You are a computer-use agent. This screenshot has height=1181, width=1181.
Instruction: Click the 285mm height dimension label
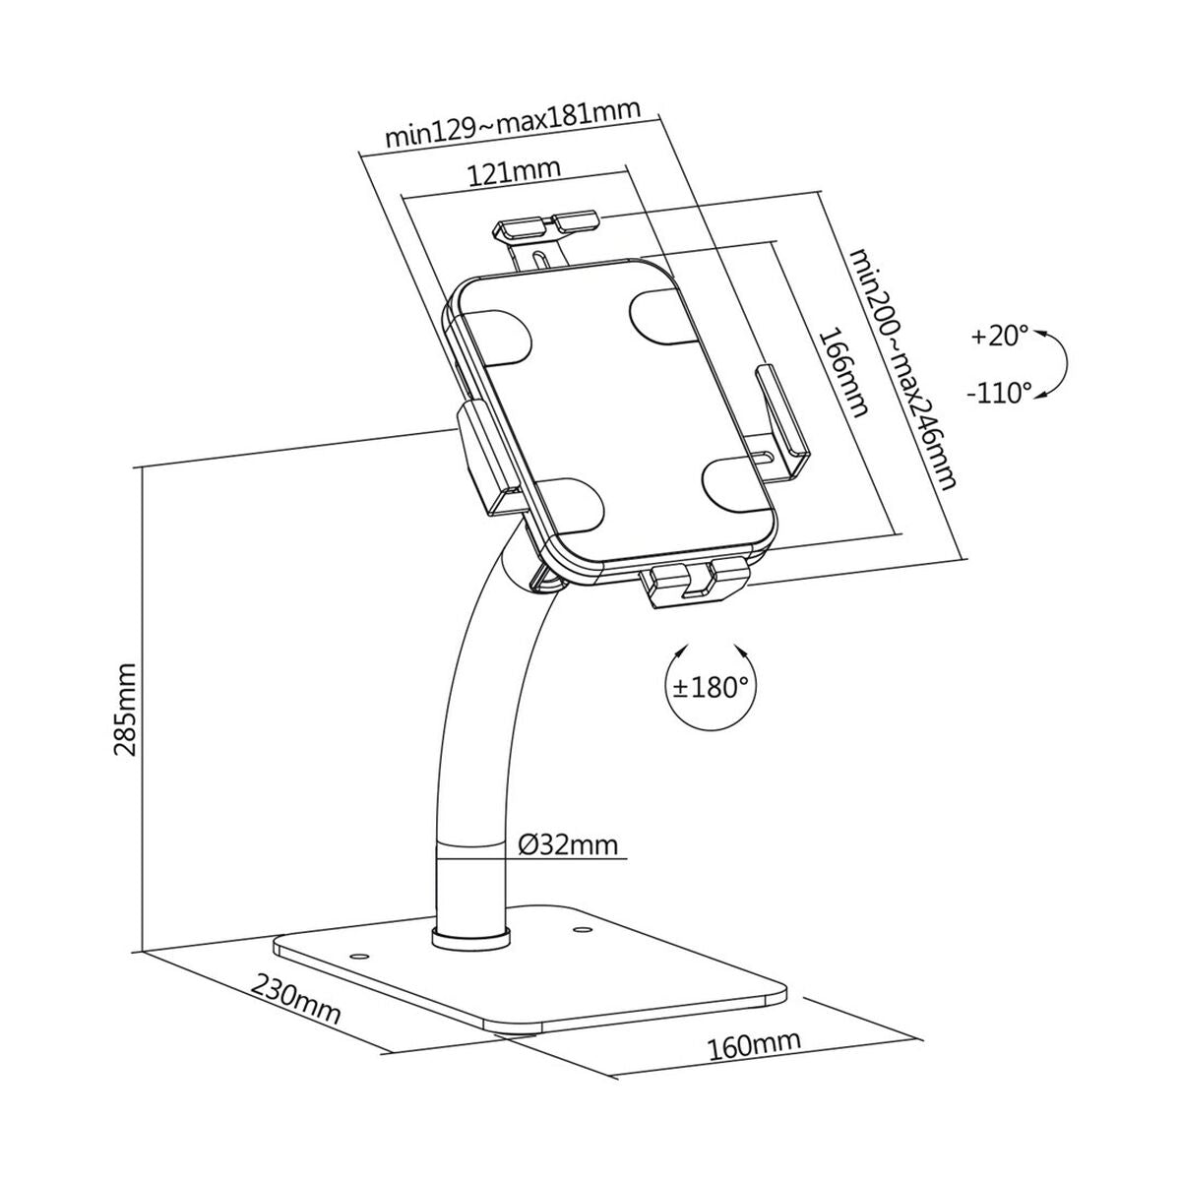(126, 709)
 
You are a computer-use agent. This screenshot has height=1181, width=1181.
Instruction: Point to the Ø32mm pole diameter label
(568, 843)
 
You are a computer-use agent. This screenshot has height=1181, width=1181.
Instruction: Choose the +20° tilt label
(998, 337)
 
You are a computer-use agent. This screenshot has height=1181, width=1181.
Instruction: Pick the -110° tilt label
(999, 394)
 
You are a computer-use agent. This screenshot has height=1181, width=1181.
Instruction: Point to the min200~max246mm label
(903, 369)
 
